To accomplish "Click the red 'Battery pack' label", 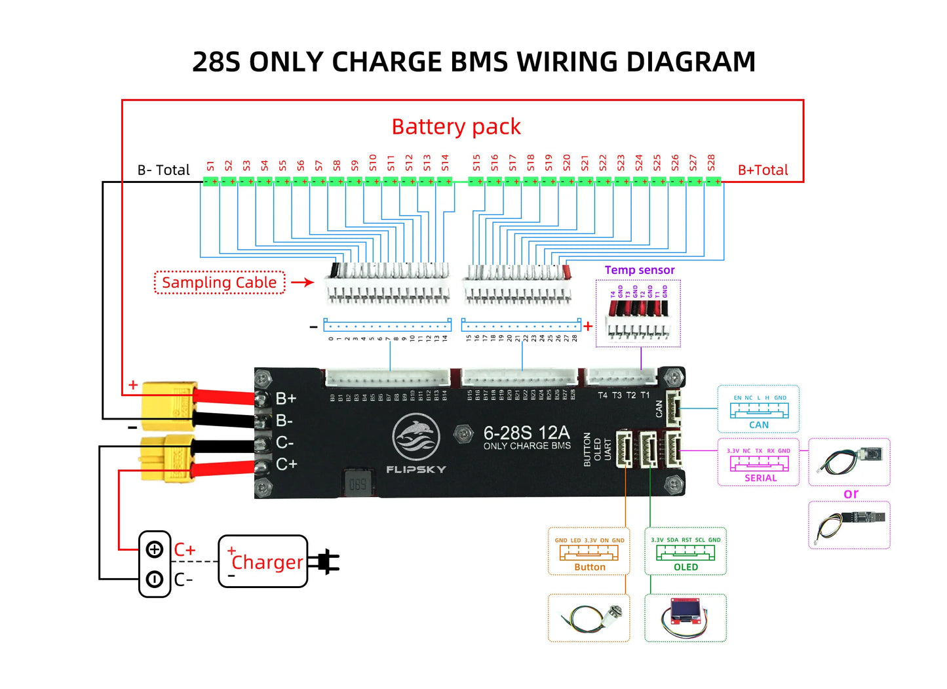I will click(456, 127).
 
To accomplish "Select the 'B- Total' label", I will click(163, 170).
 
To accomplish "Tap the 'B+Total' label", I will click(763, 170).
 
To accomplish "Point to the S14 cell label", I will click(445, 163).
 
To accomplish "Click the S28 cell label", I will click(711, 163).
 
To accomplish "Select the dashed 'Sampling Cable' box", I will click(220, 283).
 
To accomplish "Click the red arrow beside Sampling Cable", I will click(303, 283).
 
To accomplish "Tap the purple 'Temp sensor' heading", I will click(639, 270).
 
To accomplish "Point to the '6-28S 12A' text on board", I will click(526, 433).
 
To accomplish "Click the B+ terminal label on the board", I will click(286, 399).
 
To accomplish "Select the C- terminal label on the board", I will click(284, 443).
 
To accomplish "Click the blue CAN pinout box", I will click(758, 409).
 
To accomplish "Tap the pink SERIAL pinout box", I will click(758, 462).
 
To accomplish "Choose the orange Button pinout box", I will click(589, 551).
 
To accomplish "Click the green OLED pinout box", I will click(686, 551).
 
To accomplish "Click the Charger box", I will click(263, 561).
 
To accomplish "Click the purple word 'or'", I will click(850, 494).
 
